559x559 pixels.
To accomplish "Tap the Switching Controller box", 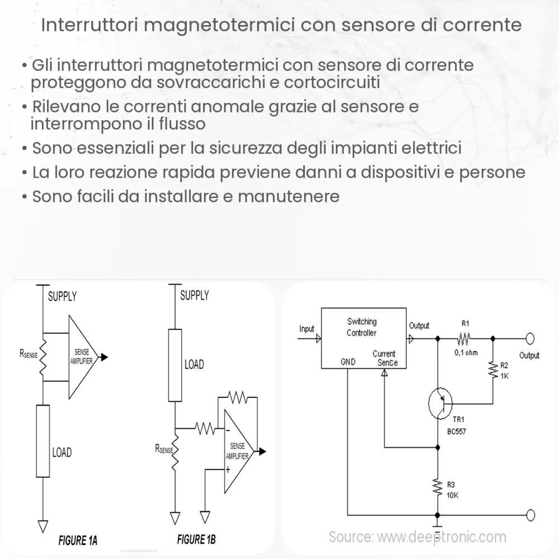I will point(363,338).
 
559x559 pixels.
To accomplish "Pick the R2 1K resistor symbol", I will point(493,369).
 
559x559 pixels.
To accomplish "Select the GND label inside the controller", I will point(348,362).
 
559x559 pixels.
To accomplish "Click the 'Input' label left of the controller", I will point(307,329).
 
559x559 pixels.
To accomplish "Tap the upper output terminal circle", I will point(530,338).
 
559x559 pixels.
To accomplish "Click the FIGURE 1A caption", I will point(78,541).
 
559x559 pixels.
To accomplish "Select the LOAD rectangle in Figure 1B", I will point(175,365).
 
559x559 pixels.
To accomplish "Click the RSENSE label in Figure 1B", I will point(165,448).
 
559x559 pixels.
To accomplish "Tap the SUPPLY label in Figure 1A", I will point(62,296).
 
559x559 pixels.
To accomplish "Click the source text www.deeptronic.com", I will point(417,537).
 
